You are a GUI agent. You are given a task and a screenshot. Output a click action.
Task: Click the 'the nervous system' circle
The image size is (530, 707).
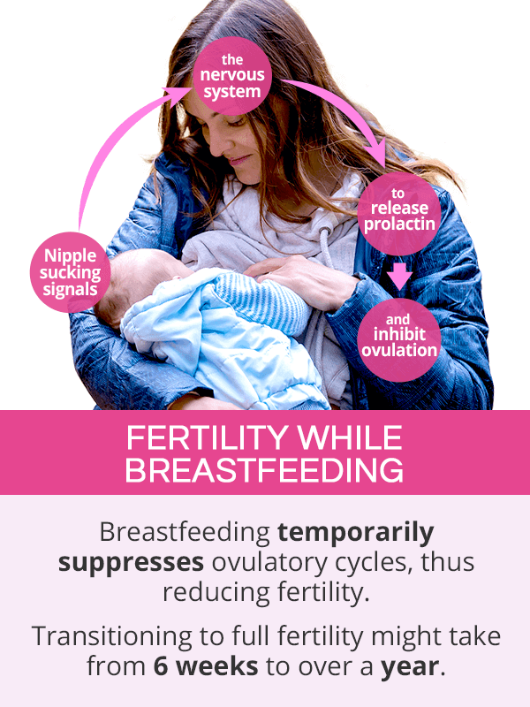232,76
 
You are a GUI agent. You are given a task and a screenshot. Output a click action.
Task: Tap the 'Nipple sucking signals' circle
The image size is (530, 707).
71,272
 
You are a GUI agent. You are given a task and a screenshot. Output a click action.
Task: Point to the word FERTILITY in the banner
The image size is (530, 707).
207,437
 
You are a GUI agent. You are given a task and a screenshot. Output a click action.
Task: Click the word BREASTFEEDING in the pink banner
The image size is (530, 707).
264,470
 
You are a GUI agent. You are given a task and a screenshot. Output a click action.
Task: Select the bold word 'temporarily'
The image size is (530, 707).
356,534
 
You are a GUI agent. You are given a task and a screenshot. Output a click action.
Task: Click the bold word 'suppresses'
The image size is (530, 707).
131,563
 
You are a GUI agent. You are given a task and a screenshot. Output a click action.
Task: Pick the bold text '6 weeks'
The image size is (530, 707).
206,666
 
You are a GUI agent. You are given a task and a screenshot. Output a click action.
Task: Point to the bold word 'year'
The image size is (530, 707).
410,667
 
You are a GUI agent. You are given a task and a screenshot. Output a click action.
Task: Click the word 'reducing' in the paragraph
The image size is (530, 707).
216,593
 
